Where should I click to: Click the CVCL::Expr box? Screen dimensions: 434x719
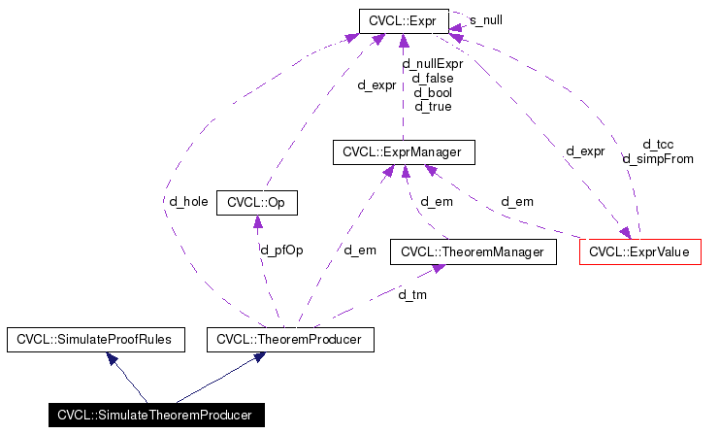403,19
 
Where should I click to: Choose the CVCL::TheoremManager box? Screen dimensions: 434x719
473,252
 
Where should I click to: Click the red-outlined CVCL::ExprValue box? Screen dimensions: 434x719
639,252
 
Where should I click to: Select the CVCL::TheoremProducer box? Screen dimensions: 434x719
290,340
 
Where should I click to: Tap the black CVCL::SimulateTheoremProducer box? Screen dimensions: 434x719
154,416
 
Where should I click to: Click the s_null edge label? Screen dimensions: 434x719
485,19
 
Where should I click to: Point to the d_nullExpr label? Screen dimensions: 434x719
433,64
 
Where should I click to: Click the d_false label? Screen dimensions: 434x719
433,78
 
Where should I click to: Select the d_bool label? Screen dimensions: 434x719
433,92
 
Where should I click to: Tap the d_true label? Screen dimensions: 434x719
433,106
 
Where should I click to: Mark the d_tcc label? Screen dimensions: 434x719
658,145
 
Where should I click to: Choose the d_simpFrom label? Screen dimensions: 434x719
658,158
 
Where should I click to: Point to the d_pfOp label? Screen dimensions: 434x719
282,250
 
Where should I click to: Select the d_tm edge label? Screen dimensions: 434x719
412,294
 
